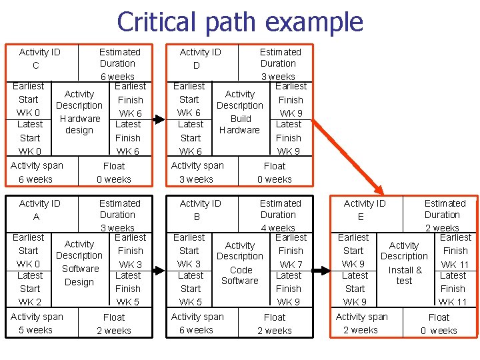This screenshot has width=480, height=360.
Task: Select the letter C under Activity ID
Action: tap(36, 65)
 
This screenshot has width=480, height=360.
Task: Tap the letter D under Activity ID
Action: tap(197, 65)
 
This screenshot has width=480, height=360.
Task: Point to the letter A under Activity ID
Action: tap(36, 217)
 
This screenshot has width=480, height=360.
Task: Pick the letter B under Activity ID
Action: tap(197, 217)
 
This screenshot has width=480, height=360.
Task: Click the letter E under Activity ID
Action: tap(361, 217)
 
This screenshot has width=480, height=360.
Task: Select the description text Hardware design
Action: tap(79, 125)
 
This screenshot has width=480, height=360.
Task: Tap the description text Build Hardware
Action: tap(239, 125)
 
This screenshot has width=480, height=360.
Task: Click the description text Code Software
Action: tap(240, 275)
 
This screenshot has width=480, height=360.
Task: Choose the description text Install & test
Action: tap(405, 275)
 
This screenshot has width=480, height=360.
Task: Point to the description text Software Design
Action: tap(79, 275)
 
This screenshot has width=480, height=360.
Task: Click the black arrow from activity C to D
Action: tap(158, 120)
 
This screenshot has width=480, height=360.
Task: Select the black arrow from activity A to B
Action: tap(158, 271)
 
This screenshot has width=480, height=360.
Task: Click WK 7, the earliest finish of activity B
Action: tap(291, 265)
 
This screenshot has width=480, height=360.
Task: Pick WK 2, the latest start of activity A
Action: tap(29, 302)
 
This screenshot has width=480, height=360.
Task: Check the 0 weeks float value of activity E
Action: tap(440, 330)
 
